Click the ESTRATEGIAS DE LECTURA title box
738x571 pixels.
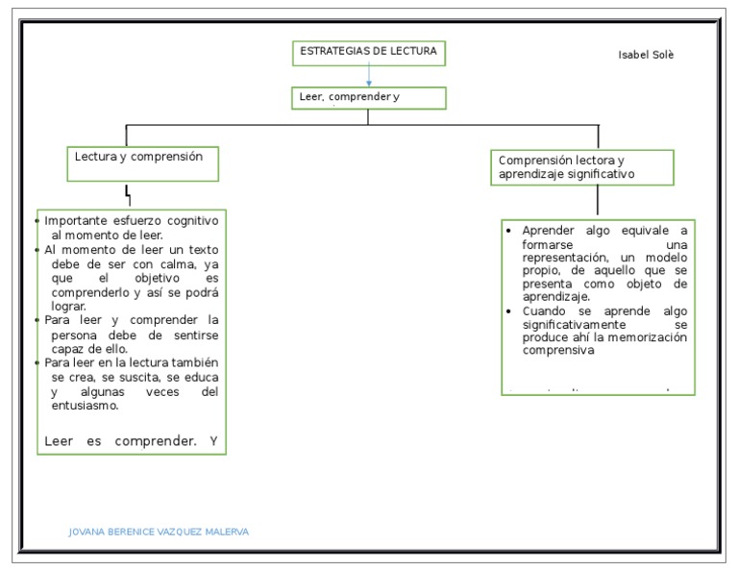(369, 53)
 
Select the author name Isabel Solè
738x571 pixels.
(646, 55)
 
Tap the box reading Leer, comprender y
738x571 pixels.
(369, 98)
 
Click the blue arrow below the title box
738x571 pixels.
(369, 76)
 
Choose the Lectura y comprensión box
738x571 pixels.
(143, 163)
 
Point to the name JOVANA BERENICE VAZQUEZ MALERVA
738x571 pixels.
(159, 532)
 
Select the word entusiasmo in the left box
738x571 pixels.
(85, 406)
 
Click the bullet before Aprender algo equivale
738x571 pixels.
(509, 231)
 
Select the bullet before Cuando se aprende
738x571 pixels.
(509, 311)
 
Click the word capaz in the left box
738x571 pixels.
(69, 349)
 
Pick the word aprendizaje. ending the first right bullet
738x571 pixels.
(555, 298)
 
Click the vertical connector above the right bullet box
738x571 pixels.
(598, 200)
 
